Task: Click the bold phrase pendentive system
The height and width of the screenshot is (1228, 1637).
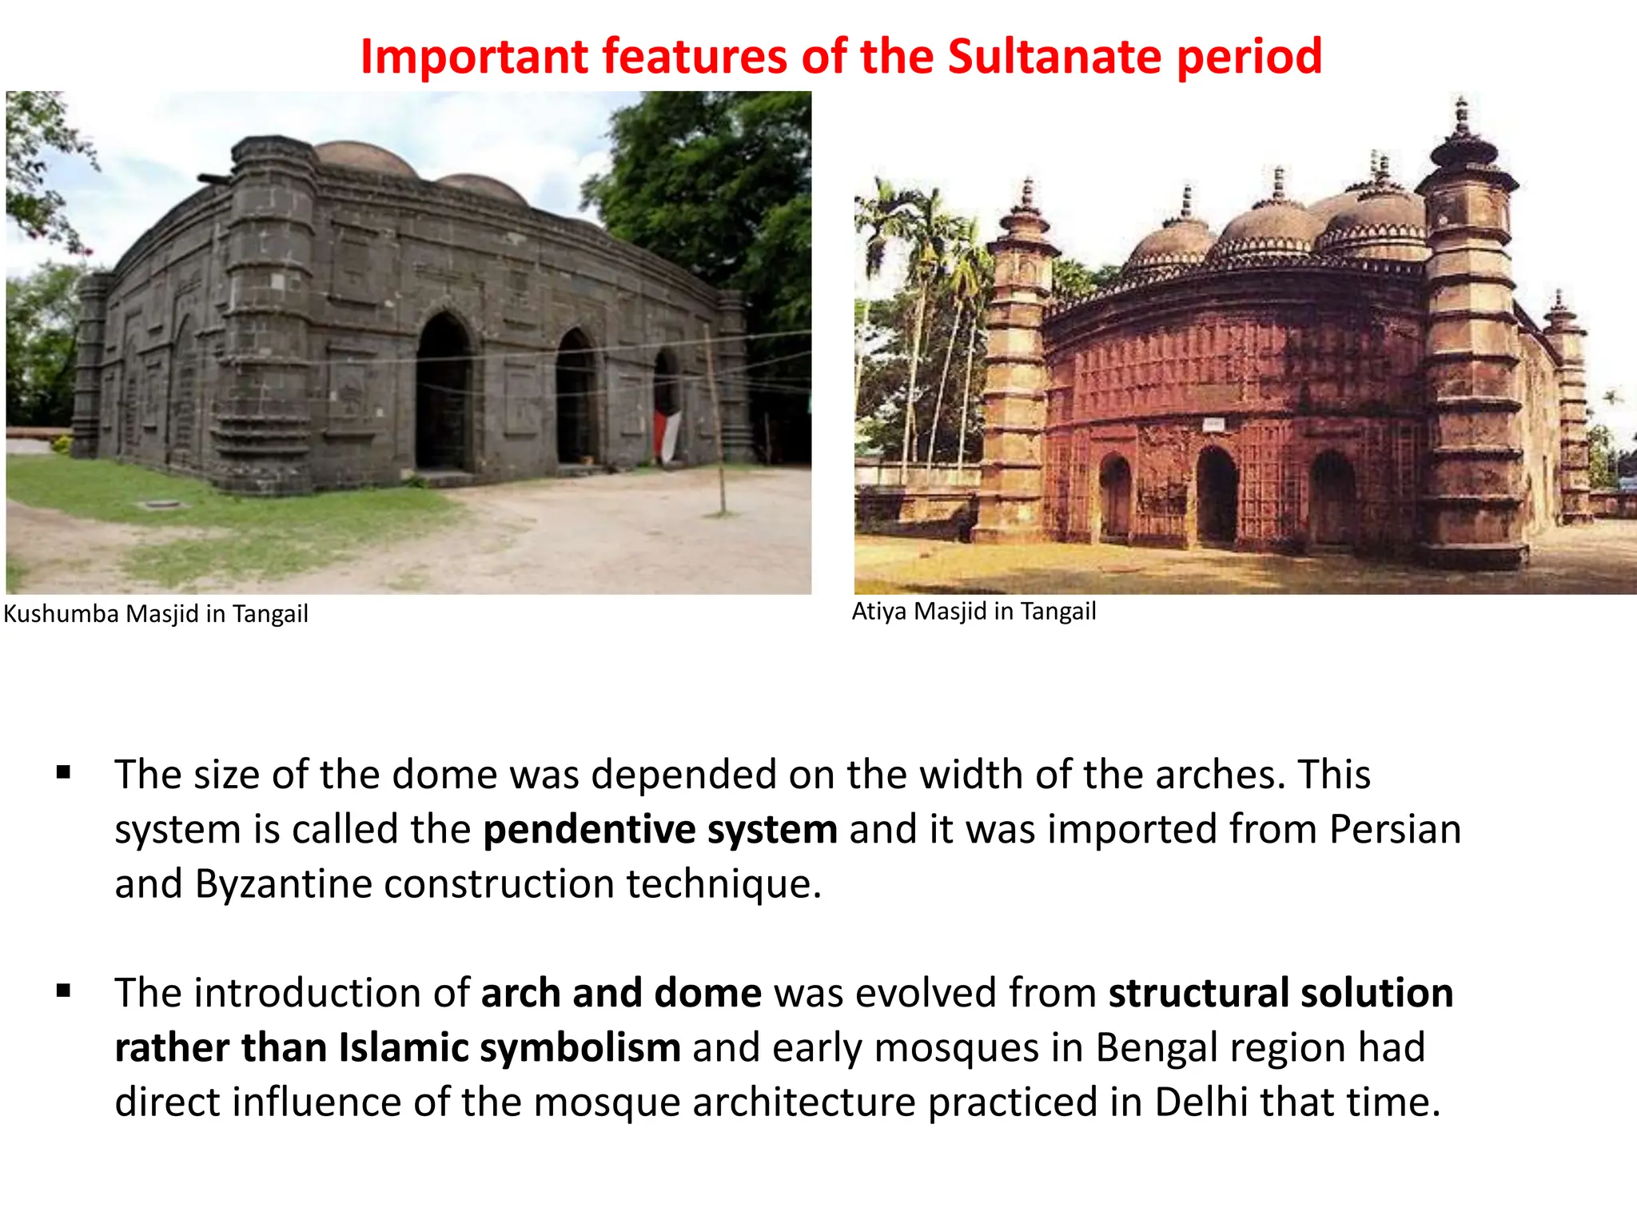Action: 660,829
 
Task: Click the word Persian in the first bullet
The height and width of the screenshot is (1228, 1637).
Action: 1395,829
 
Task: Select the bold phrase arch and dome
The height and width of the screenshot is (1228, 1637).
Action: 621,993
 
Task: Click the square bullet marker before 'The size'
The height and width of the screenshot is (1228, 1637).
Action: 64,773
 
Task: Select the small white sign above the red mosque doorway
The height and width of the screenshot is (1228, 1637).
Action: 1213,424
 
